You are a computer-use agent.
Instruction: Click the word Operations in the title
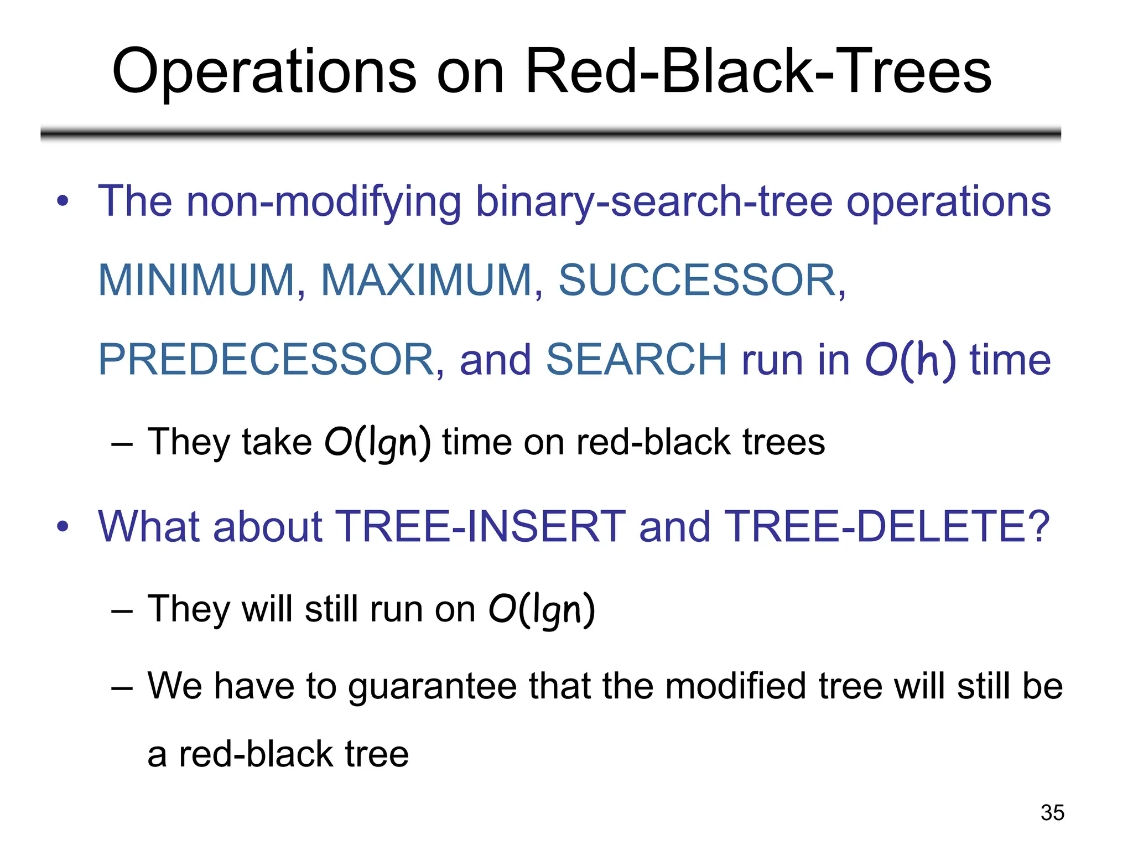(x=264, y=72)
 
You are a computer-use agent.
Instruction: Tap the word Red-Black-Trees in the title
(x=758, y=72)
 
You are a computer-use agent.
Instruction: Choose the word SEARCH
(x=636, y=360)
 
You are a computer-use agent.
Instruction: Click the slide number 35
(x=1052, y=812)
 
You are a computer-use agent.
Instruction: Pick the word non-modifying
(x=324, y=201)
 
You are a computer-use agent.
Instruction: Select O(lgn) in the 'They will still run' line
(x=542, y=610)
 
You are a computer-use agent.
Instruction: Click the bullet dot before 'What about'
(x=63, y=526)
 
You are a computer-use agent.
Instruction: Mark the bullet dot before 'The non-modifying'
(x=63, y=201)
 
